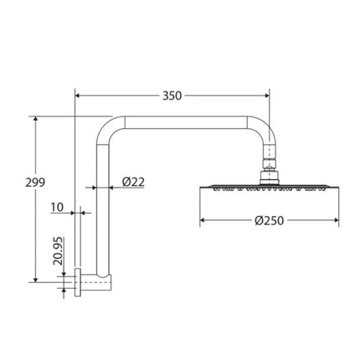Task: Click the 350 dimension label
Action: (172, 95)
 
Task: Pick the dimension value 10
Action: (56, 206)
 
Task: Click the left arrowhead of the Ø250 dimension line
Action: (203, 222)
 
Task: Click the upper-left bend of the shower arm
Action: (110, 128)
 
